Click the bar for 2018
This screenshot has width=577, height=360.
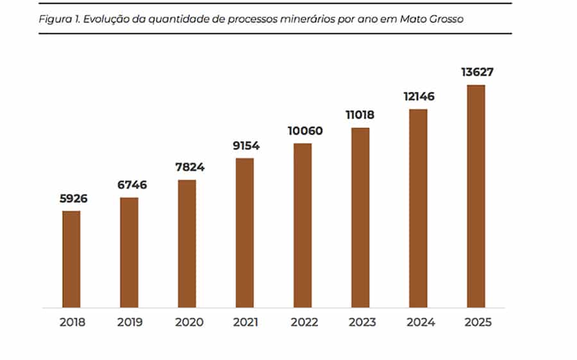tap(71, 259)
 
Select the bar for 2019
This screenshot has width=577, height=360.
tap(129, 252)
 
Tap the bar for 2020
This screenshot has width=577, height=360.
tap(187, 243)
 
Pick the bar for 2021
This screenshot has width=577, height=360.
tap(244, 233)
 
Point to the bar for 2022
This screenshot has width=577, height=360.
tap(303, 225)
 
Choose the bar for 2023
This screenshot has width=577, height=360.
tap(360, 218)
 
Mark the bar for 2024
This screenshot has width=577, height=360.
tap(418, 208)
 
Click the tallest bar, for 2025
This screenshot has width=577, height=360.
tap(476, 196)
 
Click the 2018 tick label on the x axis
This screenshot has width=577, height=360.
tap(71, 322)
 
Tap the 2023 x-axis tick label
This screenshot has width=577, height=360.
tap(360, 322)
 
